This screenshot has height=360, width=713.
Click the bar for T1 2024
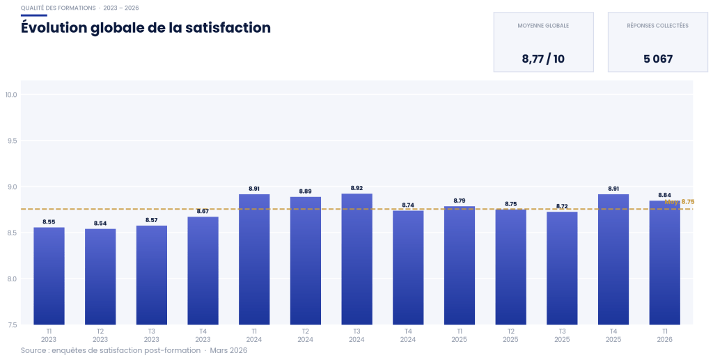(254, 259)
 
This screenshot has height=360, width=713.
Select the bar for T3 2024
(356, 259)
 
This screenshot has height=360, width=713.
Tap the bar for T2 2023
(100, 276)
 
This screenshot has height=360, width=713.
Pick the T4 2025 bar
(613, 259)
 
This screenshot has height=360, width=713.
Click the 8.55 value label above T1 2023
(49, 222)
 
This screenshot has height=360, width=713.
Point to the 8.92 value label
(356, 188)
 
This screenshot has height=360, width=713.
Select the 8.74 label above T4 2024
(408, 205)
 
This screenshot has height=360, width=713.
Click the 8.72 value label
(562, 206)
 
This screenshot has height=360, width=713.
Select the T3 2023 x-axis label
(152, 335)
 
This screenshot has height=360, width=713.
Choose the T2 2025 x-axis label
(510, 335)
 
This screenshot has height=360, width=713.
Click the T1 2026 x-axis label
(665, 335)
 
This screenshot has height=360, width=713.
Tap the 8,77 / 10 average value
(543, 59)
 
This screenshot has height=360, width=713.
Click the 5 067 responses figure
(658, 59)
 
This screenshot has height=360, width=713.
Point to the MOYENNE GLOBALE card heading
(543, 26)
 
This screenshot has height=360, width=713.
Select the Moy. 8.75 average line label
(680, 202)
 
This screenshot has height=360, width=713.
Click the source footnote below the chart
(134, 350)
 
